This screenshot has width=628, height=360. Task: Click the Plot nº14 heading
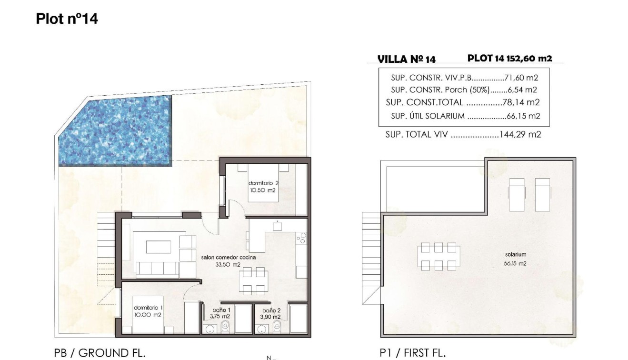67,19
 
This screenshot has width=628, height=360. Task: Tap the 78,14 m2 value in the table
521,102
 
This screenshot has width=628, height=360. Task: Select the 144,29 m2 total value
520,135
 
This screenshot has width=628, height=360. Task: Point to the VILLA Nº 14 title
406,59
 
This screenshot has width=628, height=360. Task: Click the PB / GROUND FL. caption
100,353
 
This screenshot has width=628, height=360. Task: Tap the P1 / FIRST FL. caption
412,353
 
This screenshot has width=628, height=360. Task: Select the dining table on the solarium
439,257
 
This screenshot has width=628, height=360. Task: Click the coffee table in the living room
158,247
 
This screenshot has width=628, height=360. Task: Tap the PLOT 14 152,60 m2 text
509,59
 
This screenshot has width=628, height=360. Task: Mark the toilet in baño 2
277,326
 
